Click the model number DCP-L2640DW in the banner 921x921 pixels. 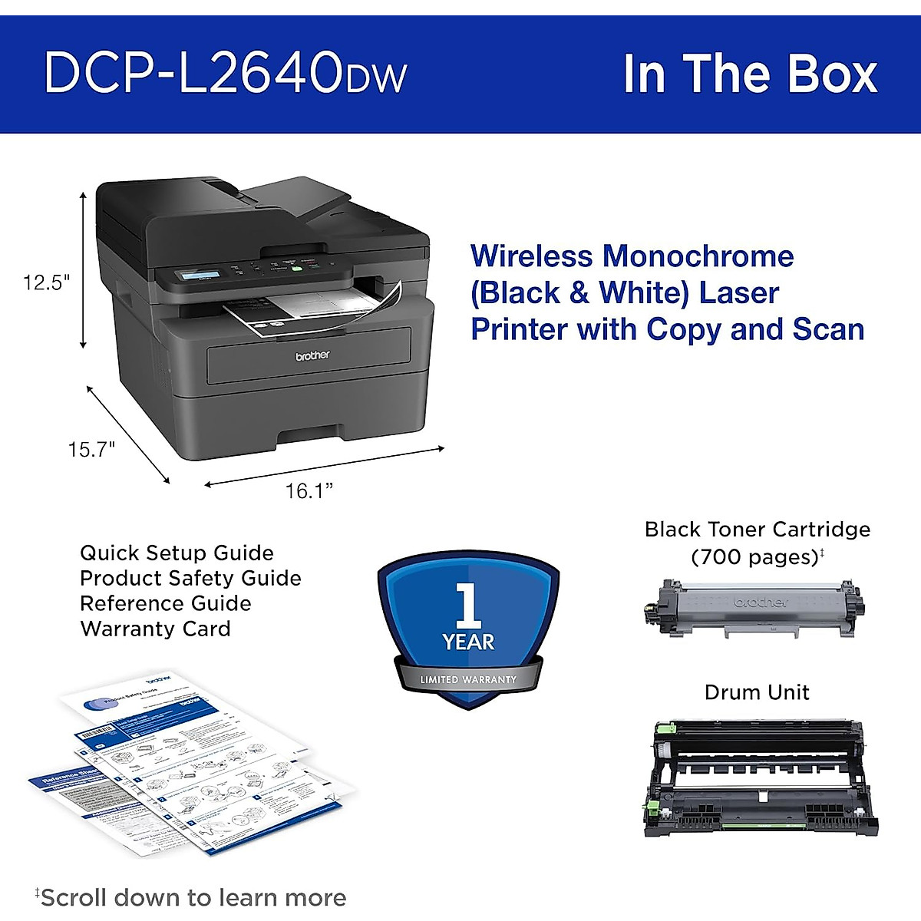pyautogui.click(x=225, y=74)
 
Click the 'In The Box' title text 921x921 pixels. pyautogui.click(x=749, y=74)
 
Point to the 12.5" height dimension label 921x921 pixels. pyautogui.click(x=46, y=282)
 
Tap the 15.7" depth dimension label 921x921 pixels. pyautogui.click(x=91, y=449)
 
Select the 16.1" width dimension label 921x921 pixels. pyautogui.click(x=309, y=490)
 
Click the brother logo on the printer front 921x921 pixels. pyautogui.click(x=312, y=355)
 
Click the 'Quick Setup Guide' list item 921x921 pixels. pyautogui.click(x=177, y=553)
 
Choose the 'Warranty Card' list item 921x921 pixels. pyautogui.click(x=155, y=629)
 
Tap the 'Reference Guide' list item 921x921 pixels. pyautogui.click(x=165, y=603)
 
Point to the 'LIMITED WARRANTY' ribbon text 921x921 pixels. pyautogui.click(x=468, y=679)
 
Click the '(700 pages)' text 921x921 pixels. pyautogui.click(x=755, y=556)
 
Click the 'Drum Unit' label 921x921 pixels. pyautogui.click(x=757, y=692)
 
